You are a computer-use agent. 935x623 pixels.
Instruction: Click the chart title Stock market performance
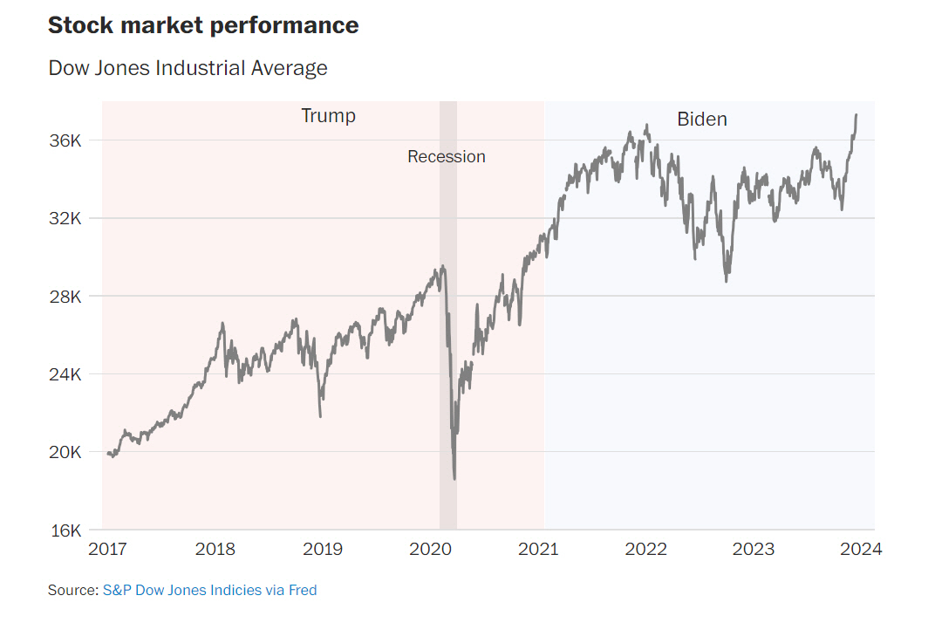pos(203,25)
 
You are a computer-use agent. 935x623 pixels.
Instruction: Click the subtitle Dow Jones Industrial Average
pos(188,68)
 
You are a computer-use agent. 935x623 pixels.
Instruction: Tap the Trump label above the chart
pos(328,116)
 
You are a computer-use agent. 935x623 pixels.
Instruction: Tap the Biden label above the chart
pos(701,120)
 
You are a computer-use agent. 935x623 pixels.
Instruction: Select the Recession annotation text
pos(446,157)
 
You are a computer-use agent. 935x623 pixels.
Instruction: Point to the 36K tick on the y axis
pos(66,140)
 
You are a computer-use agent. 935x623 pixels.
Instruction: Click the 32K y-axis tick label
pos(66,218)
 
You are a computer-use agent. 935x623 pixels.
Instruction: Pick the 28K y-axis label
pos(66,297)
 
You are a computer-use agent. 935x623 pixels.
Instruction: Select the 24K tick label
pos(66,374)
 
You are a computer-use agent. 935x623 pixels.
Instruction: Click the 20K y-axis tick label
pos(66,452)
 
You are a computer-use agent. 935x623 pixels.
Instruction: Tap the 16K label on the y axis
pos(66,531)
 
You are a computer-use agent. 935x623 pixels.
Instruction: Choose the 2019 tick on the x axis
pos(322,550)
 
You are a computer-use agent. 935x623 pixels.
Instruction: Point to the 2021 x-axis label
pos(537,550)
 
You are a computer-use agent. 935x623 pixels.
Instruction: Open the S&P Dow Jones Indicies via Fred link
pos(209,591)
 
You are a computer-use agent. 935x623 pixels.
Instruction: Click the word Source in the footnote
pos(72,591)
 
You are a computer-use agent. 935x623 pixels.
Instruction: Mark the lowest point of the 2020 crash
pos(454,478)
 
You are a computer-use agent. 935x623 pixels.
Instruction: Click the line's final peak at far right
pos(856,115)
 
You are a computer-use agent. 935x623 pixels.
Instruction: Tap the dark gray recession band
pos(447,349)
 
